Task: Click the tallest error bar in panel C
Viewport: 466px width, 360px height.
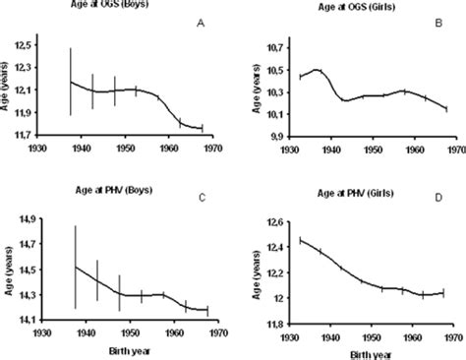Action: click(76, 266)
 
